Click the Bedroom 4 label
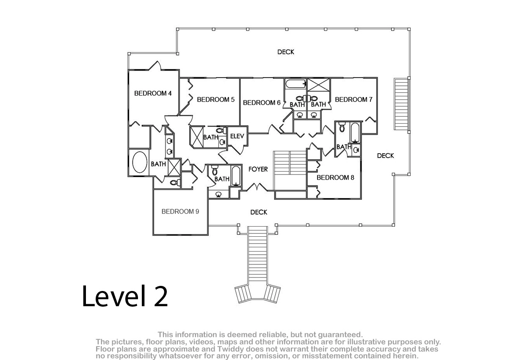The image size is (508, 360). click(153, 93)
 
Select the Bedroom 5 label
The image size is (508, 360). click(215, 100)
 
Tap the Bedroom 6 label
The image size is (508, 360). click(262, 102)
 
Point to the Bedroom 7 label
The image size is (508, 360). click(353, 100)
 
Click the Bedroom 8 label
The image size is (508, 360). click(335, 177)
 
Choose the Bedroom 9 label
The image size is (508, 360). click(180, 211)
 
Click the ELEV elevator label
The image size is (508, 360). click(237, 136)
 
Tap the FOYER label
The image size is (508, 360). click(258, 169)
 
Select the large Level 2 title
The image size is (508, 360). click(125, 296)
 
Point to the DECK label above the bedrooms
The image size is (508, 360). click(286, 52)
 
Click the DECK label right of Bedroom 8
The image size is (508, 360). click(385, 155)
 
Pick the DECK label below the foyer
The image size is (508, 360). click(259, 212)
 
